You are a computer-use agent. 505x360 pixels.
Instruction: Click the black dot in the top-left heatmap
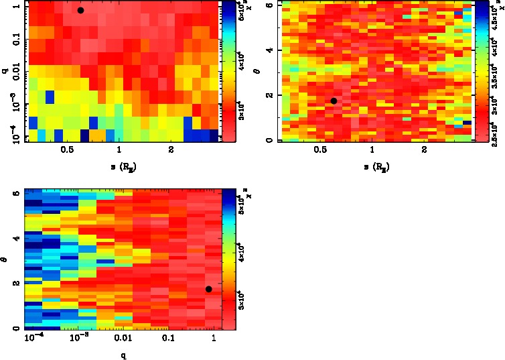tap(80, 10)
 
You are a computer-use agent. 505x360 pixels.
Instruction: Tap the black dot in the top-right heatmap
tap(334, 101)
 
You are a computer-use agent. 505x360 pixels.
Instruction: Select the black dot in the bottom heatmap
tap(209, 289)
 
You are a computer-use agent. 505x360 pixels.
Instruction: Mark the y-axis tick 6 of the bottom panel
tap(15, 193)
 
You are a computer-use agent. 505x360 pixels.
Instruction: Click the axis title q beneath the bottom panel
tap(123, 356)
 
